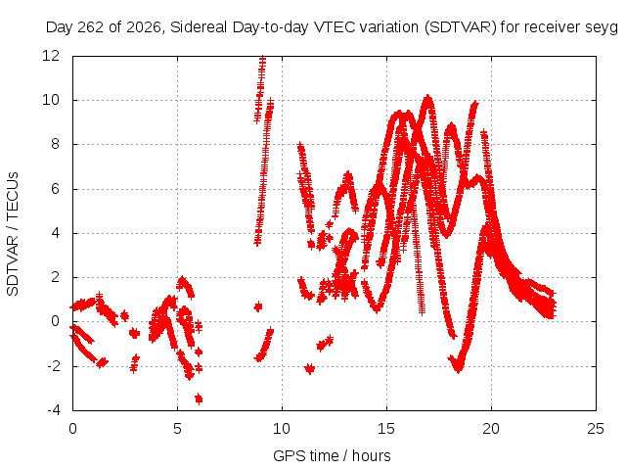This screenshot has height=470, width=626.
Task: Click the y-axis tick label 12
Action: pyautogui.click(x=50, y=56)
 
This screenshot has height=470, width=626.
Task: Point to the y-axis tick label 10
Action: pyautogui.click(x=50, y=100)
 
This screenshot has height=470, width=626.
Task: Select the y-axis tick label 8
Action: pyautogui.click(x=55, y=144)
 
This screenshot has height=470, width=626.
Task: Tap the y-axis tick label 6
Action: pyautogui.click(x=55, y=189)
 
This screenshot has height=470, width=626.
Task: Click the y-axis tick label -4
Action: pyautogui.click(x=53, y=410)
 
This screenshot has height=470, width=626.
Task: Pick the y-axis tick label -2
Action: pyautogui.click(x=53, y=365)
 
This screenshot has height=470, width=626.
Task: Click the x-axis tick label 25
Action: pyautogui.click(x=596, y=429)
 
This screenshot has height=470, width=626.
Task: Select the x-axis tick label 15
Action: pyautogui.click(x=386, y=429)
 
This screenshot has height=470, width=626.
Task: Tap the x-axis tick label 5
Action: pyautogui.click(x=177, y=429)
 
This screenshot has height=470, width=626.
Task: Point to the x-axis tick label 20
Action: pyautogui.click(x=491, y=429)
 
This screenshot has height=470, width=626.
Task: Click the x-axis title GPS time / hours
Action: pyautogui.click(x=332, y=455)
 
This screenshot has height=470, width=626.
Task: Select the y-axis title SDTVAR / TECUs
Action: pyautogui.click(x=13, y=234)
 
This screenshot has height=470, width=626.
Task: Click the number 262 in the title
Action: pyautogui.click(x=91, y=27)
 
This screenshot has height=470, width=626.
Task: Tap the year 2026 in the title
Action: pyautogui.click(x=144, y=27)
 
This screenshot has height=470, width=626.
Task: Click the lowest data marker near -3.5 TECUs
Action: pyautogui.click(x=199, y=399)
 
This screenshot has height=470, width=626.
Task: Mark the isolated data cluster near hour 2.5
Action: pyautogui.click(x=124, y=315)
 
